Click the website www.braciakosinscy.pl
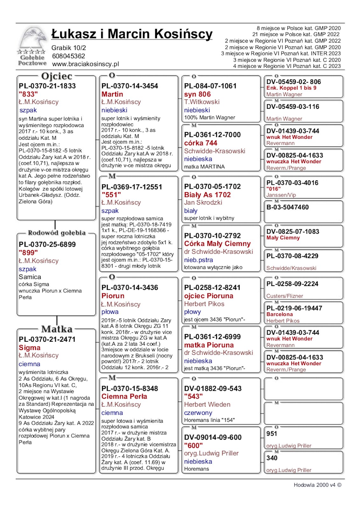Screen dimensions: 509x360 [85, 64]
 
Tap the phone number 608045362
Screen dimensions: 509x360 [68, 56]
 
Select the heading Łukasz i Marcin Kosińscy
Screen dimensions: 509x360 [132, 34]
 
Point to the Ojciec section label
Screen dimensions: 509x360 [57, 76]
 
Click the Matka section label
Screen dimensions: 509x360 [57, 329]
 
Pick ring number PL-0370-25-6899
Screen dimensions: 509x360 [47, 245]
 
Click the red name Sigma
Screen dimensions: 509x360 [30, 347]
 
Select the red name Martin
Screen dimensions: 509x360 [112, 94]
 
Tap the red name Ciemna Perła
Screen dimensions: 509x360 [124, 396]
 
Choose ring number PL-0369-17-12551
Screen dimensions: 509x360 [132, 187]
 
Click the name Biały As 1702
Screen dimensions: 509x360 [207, 195]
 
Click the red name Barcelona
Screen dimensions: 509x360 [279, 314]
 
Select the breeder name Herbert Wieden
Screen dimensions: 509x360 [207, 404]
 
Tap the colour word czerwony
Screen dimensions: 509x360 [198, 413]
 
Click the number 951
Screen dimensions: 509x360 [272, 434]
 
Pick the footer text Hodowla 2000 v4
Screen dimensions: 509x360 [315, 485]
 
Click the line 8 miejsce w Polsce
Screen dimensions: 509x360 [299, 28]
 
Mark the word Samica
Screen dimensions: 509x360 [30, 277]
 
